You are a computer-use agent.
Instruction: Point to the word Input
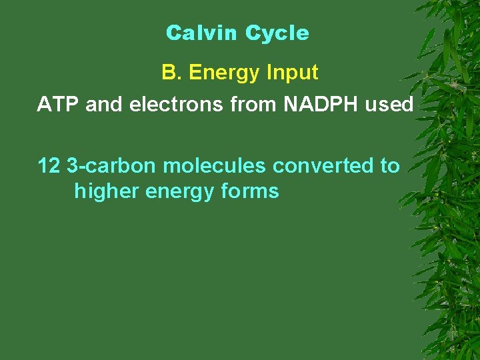(291, 73)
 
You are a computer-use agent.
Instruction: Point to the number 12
(49, 165)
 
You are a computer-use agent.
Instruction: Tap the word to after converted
(390, 165)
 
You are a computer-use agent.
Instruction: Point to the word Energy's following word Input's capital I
(268, 73)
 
